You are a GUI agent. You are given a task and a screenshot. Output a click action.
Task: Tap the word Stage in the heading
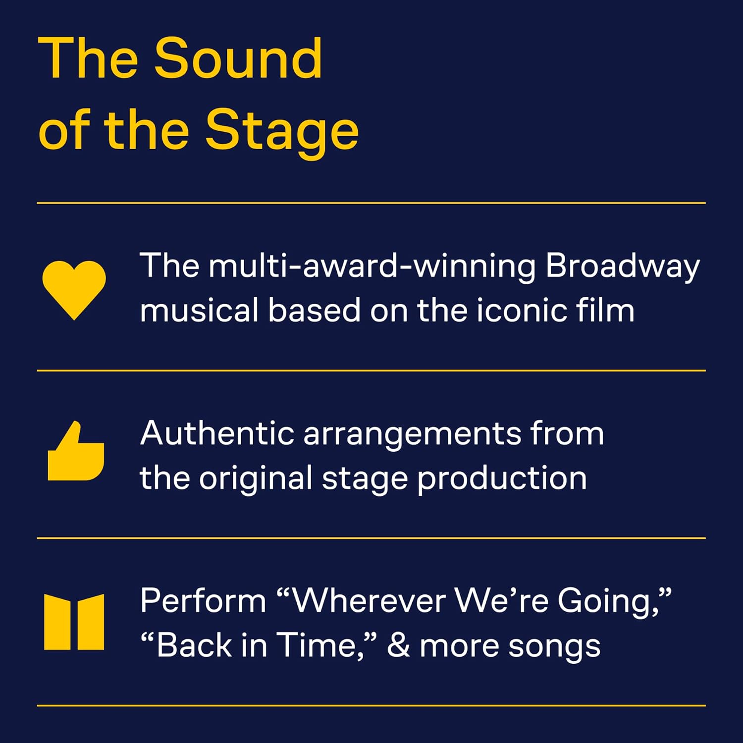[x=282, y=131]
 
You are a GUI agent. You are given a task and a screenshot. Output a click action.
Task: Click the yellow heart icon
[x=74, y=289]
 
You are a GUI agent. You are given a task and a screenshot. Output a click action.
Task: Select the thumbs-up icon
[x=76, y=452]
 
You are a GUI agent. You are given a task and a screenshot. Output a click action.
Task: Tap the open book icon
[x=74, y=622]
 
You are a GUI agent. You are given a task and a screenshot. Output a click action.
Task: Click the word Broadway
[x=622, y=266]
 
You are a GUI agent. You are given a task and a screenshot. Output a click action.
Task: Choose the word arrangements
[x=412, y=434]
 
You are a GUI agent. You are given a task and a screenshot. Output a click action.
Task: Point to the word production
[x=502, y=478]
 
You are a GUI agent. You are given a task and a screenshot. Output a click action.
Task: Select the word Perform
[x=203, y=601]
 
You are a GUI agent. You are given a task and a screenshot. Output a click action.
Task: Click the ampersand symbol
[x=398, y=645]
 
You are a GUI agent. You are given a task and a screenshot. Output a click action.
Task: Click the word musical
[x=199, y=311]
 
